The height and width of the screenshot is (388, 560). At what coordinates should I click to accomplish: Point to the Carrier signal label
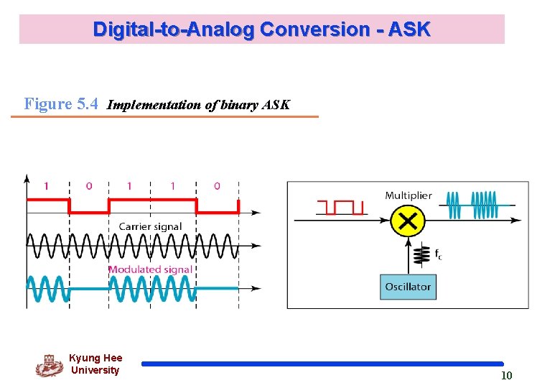pos(150,226)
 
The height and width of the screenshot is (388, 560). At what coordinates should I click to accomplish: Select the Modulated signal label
pos(150,269)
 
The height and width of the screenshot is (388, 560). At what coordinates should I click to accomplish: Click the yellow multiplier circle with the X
pos(407,221)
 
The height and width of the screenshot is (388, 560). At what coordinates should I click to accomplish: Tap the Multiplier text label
pos(408,195)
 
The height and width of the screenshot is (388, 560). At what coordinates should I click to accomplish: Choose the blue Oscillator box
pos(407,287)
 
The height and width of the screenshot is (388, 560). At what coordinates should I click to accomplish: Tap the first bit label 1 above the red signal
pos(47,186)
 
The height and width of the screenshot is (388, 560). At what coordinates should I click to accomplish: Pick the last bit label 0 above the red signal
pos(218,186)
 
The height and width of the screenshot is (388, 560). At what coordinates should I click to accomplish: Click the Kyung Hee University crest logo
pos(49,365)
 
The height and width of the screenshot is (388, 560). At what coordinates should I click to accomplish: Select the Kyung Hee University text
pos(95,364)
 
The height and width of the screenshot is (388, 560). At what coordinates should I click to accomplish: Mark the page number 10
pos(506,375)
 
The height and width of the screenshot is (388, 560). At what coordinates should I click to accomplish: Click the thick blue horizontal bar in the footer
pos(322,364)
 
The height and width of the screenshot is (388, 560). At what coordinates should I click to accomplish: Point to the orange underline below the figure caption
pos(164,116)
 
